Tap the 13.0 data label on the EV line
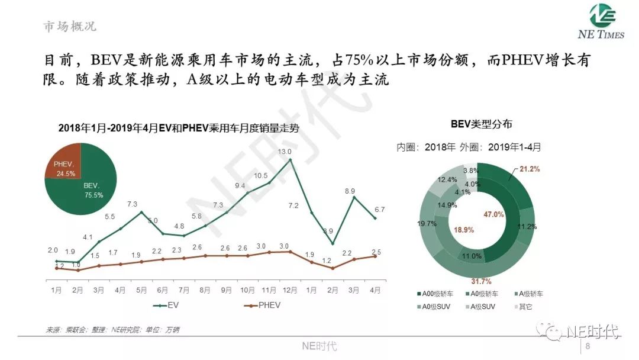pos(285,152)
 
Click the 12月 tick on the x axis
pos(290,290)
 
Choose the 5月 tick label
pos(141,290)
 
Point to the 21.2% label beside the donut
pos(530,169)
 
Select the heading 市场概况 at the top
pos(70,27)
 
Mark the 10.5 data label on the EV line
pos(261,175)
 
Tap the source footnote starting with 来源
pos(112,329)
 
